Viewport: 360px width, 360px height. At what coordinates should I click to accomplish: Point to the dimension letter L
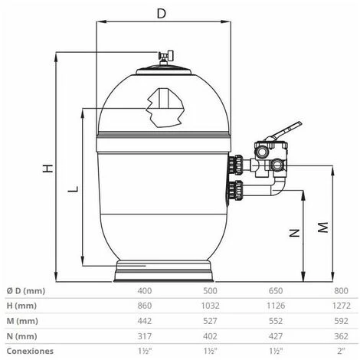(72, 188)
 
